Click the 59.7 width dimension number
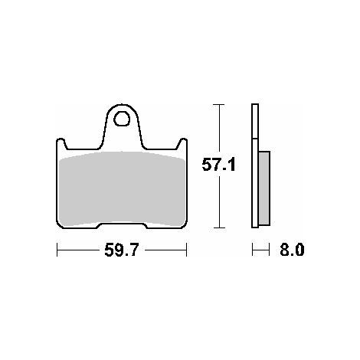coord(121,250)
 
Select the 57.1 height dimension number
coord(218,165)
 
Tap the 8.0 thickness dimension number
coord(292,250)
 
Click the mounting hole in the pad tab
coord(122,119)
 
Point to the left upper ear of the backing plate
coord(61,142)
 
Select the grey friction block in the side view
coord(264,188)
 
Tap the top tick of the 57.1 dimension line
coord(219,105)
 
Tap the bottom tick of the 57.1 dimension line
coord(219,227)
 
